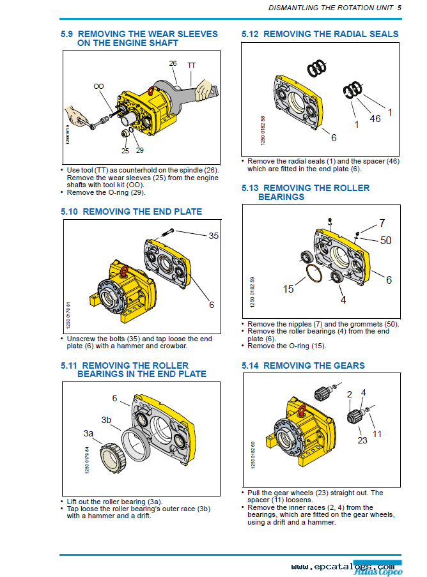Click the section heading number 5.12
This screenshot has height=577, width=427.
(250, 35)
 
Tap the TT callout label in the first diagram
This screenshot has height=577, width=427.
(191, 66)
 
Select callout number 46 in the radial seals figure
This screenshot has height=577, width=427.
(375, 118)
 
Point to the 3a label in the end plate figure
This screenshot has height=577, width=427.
(88, 433)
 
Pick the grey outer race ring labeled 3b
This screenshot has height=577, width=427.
(136, 445)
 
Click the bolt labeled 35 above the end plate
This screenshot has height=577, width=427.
(167, 233)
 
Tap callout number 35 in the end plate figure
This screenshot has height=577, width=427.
(213, 236)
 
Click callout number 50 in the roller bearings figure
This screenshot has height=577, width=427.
(386, 241)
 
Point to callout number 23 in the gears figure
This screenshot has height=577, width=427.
(362, 440)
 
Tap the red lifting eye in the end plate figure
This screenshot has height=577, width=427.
(124, 271)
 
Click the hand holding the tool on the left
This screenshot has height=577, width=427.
(77, 115)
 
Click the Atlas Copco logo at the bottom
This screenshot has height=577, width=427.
(378, 569)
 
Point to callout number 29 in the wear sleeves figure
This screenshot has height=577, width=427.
(140, 150)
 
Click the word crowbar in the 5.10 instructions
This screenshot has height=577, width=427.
(172, 346)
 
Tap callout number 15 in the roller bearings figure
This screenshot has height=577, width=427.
(288, 289)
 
